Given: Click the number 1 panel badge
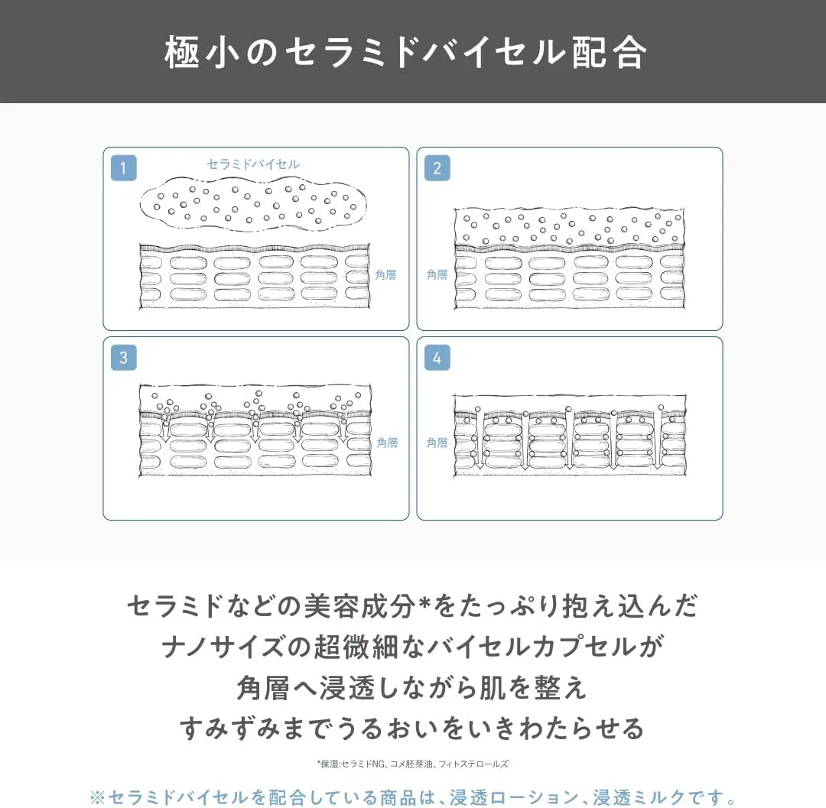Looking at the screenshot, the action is [x=124, y=168].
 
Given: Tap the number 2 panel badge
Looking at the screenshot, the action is [x=437, y=168].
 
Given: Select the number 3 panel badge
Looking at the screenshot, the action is [x=124, y=358].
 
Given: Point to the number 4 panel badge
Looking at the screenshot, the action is [x=437, y=358].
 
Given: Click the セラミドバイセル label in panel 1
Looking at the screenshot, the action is [x=253, y=164].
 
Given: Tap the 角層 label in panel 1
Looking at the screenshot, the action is [x=385, y=274].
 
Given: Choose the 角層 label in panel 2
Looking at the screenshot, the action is [x=437, y=274].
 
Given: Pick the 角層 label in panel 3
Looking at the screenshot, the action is [x=387, y=443].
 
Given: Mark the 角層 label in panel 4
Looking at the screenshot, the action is [x=437, y=443].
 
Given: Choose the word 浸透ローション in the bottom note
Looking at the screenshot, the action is [x=514, y=797].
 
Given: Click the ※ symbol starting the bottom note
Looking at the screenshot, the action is [x=97, y=798].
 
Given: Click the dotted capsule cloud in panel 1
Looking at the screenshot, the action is [x=253, y=204].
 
